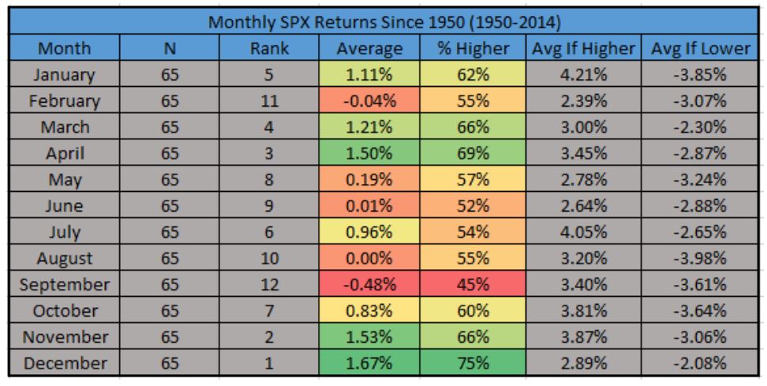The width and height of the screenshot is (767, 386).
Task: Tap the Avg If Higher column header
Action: pos(584,47)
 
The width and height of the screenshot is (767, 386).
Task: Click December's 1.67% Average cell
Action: pos(369,365)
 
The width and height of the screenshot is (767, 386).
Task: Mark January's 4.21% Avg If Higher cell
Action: pos(584,76)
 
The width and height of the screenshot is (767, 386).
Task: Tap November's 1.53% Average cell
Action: pos(369,338)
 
